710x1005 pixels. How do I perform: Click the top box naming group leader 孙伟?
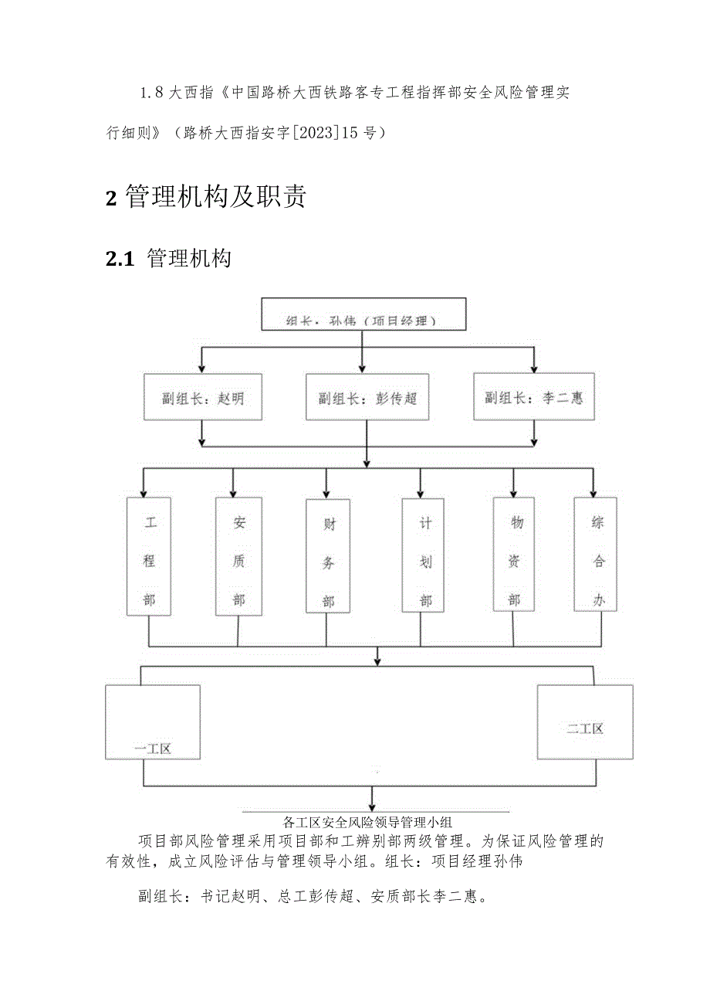tap(363, 314)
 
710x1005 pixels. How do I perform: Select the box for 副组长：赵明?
tap(202, 397)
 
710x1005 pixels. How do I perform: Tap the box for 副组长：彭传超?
tap(367, 397)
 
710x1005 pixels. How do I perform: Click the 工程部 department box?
tap(149, 556)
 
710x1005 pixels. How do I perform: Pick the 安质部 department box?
tap(238, 556)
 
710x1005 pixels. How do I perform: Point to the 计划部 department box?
tap(423, 556)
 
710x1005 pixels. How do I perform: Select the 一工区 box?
tap(153, 721)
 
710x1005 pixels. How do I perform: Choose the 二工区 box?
tap(584, 721)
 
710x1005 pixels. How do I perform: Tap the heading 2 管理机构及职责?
tap(205, 197)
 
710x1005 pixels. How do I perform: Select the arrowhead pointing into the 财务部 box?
tap(326, 494)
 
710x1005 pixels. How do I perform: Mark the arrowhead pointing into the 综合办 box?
tap(593, 493)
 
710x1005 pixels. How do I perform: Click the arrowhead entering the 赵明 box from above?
tap(202, 368)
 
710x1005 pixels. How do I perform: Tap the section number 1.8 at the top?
tap(151, 93)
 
